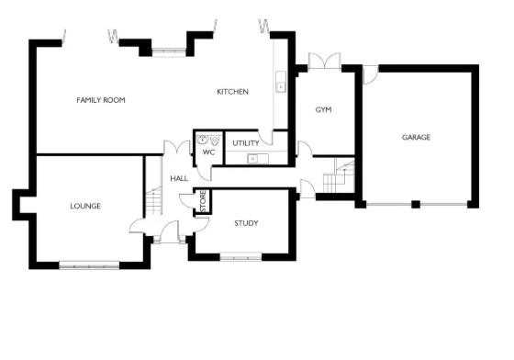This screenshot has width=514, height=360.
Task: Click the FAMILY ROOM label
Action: point(101,99)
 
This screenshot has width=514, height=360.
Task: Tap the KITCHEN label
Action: point(232,92)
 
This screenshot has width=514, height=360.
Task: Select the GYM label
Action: point(322,110)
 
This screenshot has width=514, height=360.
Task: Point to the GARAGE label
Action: point(416,138)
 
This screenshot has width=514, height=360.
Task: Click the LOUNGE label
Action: point(85,206)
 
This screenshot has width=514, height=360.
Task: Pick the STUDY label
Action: point(245,223)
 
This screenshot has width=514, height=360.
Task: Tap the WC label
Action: point(208,152)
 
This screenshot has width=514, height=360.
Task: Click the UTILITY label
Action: point(245,144)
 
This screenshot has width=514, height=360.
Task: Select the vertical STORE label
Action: point(204,203)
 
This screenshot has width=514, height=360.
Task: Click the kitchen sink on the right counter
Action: point(279,86)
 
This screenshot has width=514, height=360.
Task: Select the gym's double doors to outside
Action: point(325,61)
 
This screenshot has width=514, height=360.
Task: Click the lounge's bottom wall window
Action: point(90,265)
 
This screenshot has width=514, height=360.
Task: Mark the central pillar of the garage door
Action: point(415,203)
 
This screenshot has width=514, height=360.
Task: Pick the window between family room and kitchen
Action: point(169,51)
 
